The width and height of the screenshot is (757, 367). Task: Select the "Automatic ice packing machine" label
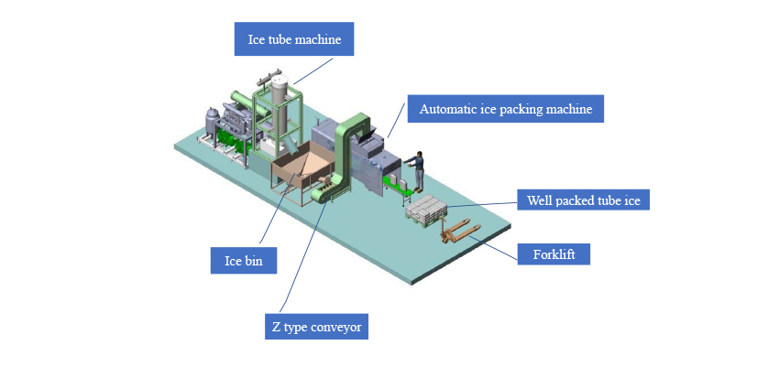tap(506, 110)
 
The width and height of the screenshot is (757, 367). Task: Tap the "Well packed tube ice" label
tap(583, 199)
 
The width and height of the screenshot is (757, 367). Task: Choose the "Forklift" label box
tap(554, 254)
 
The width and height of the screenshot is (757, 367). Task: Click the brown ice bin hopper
tap(302, 174)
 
